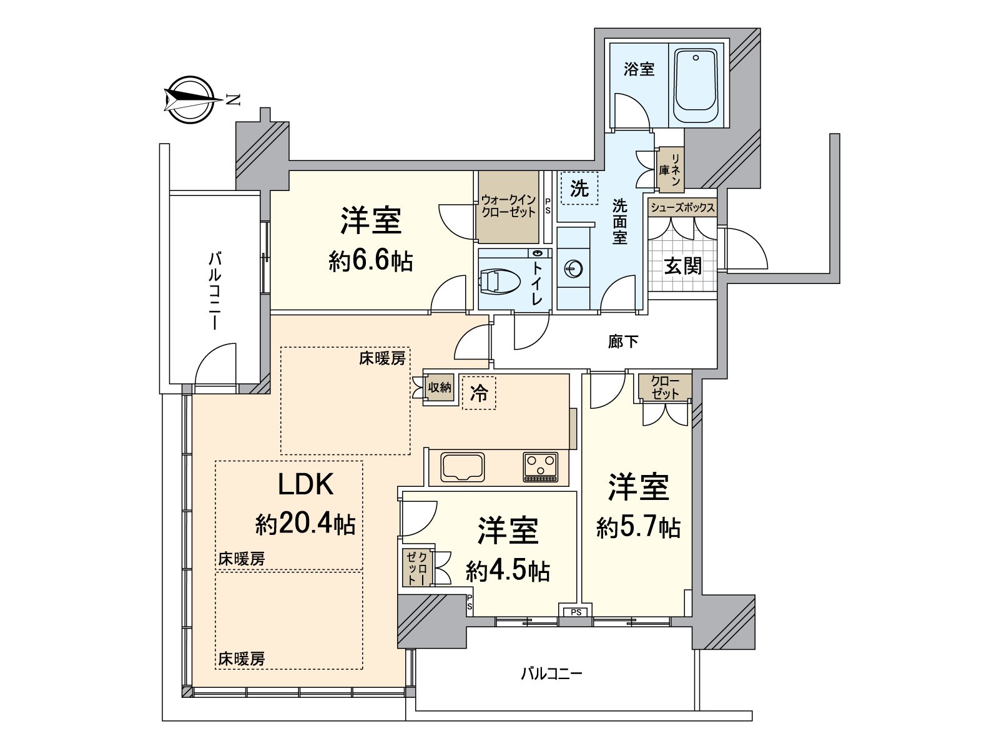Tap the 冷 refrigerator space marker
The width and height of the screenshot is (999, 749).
tap(479, 393)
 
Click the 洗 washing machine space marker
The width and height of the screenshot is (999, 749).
tap(580, 188)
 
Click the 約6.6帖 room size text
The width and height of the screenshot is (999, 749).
tap(370, 262)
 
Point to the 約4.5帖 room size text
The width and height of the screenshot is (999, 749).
tap(508, 570)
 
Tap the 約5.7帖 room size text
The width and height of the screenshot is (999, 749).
tap(638, 528)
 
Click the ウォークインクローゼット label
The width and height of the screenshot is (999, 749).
tap(508, 206)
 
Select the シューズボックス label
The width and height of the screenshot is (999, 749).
tap(682, 208)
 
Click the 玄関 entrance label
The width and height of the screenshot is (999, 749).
tap(682, 267)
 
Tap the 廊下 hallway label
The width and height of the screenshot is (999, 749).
tap(623, 341)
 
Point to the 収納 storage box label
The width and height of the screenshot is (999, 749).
tap(439, 388)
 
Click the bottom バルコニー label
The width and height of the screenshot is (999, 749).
tap(551, 674)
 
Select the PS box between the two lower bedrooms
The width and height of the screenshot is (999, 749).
tap(576, 612)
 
